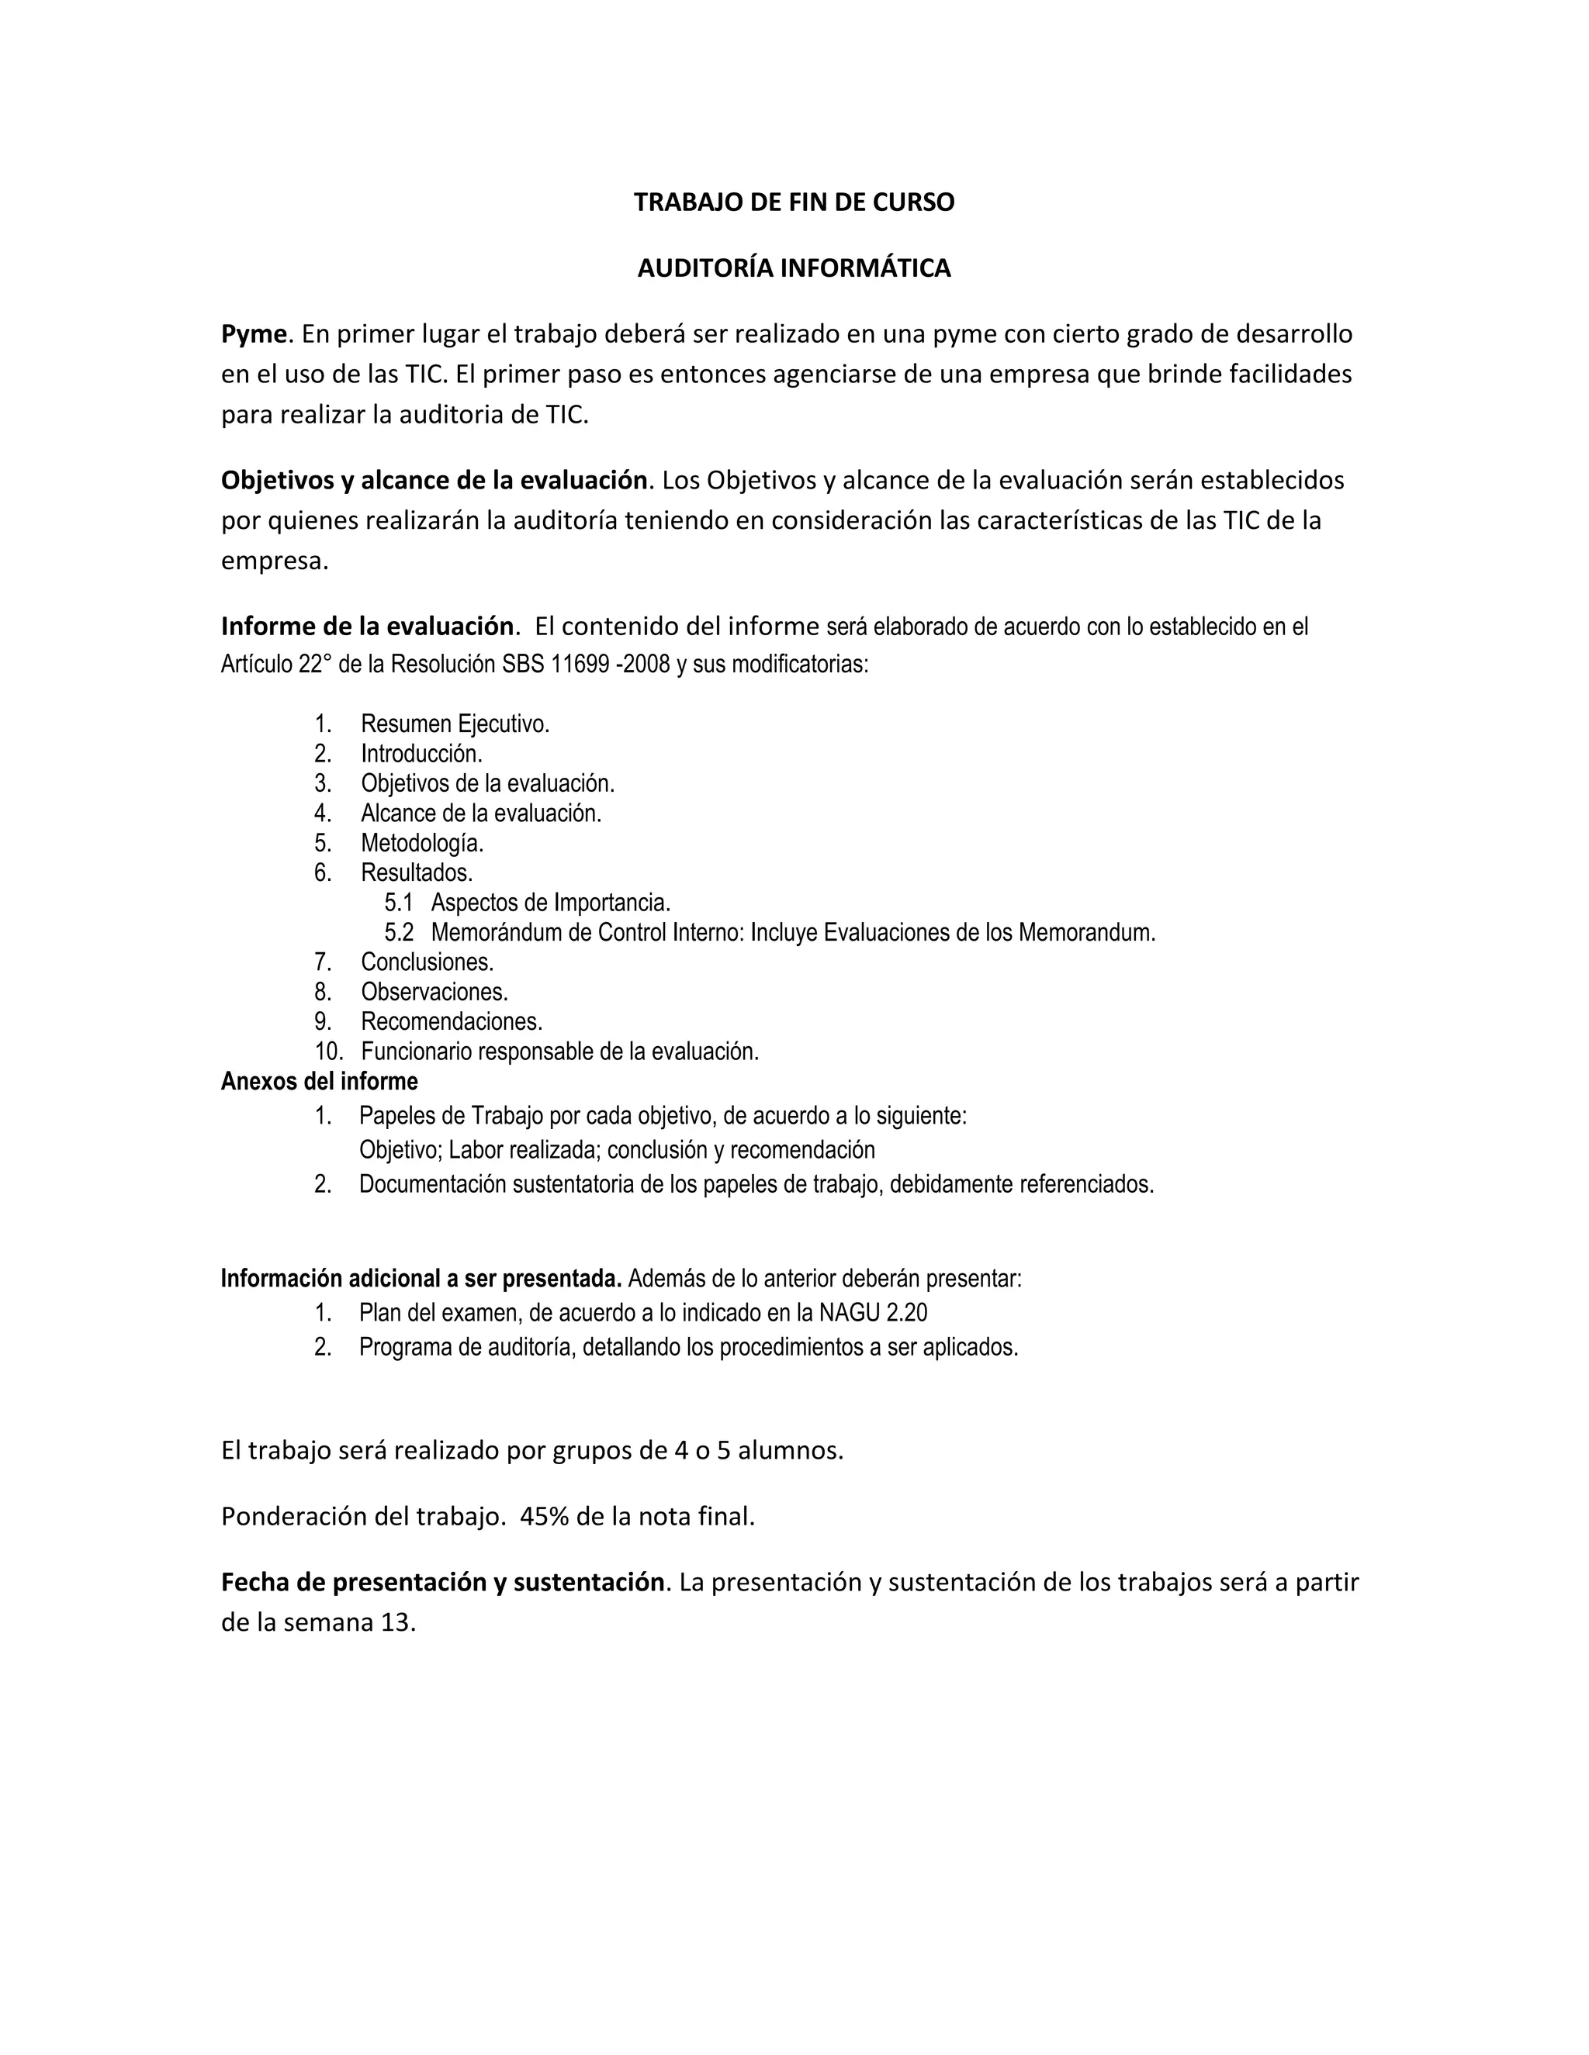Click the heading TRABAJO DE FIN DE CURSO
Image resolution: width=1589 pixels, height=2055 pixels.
coord(794,202)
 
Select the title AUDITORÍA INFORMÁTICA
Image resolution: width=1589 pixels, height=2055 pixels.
coord(794,268)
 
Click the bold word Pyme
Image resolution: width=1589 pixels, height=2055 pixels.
coord(253,334)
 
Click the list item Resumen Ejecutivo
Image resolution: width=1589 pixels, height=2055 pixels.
coord(455,724)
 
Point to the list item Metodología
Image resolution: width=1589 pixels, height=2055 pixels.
coord(422,842)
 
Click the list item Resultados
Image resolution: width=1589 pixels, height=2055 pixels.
coord(416,872)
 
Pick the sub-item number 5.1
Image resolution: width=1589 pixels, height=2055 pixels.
coord(398,903)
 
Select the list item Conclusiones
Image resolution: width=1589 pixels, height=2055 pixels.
coord(427,962)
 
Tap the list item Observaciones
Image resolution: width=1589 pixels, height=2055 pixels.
coord(434,992)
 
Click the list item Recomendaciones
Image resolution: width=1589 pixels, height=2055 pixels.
coord(452,1021)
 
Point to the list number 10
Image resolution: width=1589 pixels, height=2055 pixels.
coord(327,1051)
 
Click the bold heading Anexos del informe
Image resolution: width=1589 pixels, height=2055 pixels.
coord(319,1081)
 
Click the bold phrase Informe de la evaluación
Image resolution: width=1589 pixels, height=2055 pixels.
coord(368,626)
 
